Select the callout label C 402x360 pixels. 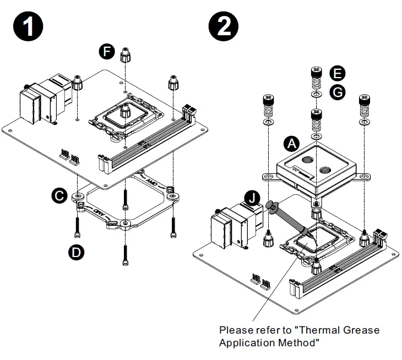59,195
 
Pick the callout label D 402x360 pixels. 76,252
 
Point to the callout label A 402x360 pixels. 292,144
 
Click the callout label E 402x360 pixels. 337,73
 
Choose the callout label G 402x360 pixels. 337,92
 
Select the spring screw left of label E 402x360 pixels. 316,78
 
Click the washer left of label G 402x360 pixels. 316,95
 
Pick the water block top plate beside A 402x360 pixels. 316,161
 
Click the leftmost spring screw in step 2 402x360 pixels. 267,106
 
